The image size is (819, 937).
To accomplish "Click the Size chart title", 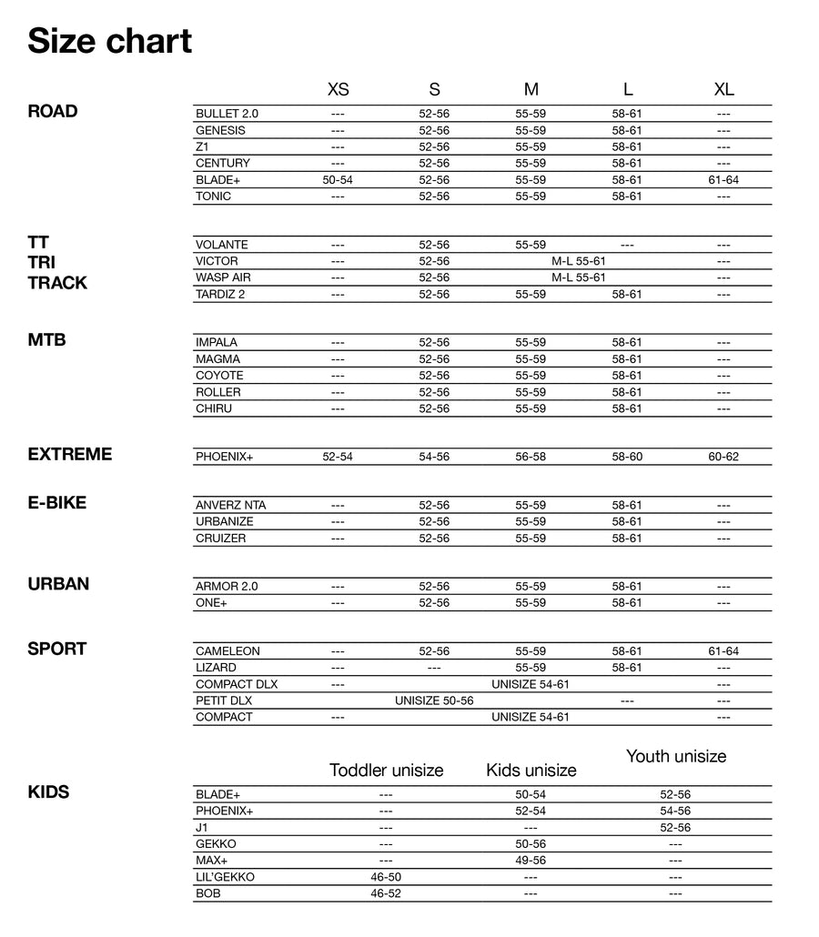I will (x=109, y=41).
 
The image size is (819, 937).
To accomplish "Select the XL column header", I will (x=723, y=89).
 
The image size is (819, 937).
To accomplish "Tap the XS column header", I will (x=338, y=89).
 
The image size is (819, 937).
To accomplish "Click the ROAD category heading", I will (x=53, y=111).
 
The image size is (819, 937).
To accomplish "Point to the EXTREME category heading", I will (x=70, y=454).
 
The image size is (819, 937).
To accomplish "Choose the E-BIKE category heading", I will (x=57, y=502).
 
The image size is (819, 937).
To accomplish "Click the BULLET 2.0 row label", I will (x=227, y=114).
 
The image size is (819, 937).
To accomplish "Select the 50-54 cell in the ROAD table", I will (x=338, y=180).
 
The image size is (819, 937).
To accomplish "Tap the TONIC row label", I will (x=214, y=196).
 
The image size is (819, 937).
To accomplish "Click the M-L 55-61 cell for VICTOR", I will (x=579, y=261).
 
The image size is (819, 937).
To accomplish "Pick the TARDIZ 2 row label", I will (x=220, y=294).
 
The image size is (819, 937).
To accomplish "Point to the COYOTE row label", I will (x=219, y=376).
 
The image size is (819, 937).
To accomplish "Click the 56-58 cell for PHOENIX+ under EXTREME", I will (x=531, y=457).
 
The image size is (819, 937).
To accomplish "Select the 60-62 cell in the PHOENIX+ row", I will (x=723, y=457).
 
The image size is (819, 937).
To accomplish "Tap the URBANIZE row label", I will (x=225, y=522).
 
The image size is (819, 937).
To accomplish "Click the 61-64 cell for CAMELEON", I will (x=723, y=651).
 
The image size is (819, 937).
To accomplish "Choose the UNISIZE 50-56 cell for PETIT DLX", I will (x=434, y=701).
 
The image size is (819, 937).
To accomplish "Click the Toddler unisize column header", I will (x=386, y=771).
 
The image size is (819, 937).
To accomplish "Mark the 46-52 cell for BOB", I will (x=386, y=893).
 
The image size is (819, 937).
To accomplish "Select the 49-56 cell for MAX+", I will (x=531, y=861).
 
